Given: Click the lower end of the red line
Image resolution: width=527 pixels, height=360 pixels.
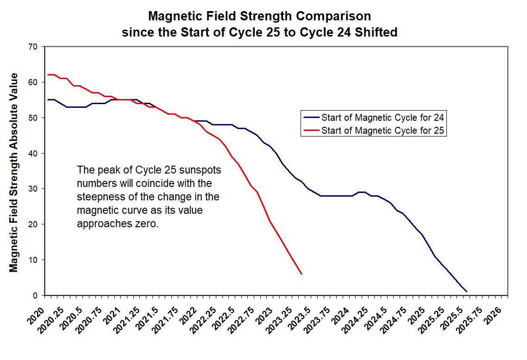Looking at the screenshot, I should [301, 274].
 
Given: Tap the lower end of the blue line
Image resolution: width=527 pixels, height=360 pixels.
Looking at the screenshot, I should [466, 292].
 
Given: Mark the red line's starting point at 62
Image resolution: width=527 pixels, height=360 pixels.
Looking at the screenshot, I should [48, 74].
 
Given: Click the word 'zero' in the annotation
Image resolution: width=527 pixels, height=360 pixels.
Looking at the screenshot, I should [149, 225].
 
